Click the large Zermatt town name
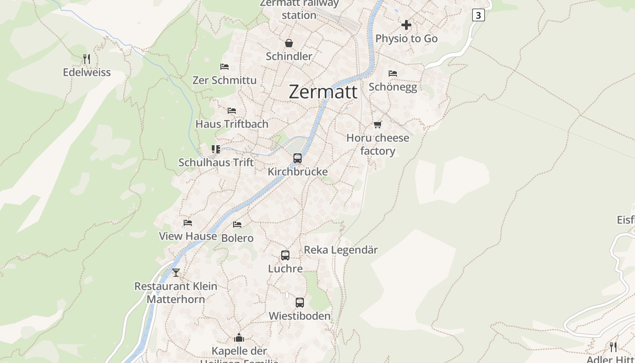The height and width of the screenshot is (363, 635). click(x=323, y=92)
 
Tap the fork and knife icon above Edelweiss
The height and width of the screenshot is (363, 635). click(x=87, y=59)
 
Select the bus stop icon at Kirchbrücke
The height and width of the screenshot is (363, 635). click(x=298, y=158)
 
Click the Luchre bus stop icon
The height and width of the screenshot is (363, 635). click(x=285, y=255)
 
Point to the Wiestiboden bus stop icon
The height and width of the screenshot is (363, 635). click(x=299, y=303)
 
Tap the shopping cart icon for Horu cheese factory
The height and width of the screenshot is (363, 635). click(x=377, y=124)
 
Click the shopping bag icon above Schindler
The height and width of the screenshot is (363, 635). click(x=289, y=43)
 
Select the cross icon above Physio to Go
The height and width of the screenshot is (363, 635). click(x=406, y=25)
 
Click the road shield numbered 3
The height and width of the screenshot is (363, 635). click(x=478, y=15)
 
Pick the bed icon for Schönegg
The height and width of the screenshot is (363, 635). click(x=393, y=73)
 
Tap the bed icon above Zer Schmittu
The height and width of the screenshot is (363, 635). click(x=224, y=67)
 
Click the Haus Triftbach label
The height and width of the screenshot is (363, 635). click(x=232, y=124)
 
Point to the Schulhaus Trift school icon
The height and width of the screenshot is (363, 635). click(x=216, y=149)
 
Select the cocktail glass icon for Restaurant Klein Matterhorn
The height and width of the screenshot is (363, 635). click(x=176, y=273)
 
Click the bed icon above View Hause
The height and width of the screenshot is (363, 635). click(x=188, y=223)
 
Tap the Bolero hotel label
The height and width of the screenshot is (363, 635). click(x=237, y=238)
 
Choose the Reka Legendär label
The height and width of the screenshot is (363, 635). click(x=341, y=250)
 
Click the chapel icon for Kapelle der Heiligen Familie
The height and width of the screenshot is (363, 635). click(x=239, y=338)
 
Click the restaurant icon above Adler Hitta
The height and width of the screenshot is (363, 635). click(x=613, y=347)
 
